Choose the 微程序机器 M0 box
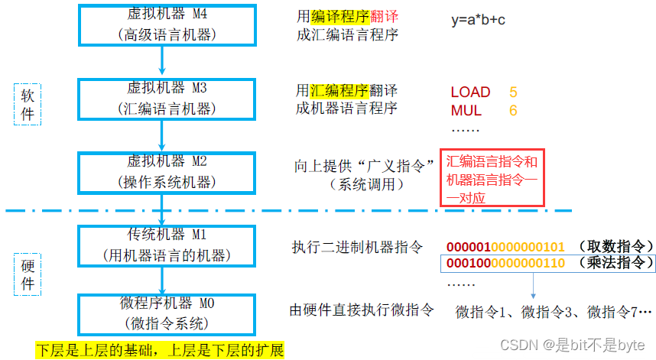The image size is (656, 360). [x=161, y=313]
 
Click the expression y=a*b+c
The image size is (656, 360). [x=478, y=20]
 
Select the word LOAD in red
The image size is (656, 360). [x=470, y=92]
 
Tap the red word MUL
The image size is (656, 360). [x=466, y=111]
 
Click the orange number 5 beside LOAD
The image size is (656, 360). [x=513, y=92]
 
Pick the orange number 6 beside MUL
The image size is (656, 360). [x=513, y=111]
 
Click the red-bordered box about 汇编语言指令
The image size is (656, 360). [x=492, y=178]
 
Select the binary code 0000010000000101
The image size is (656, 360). [x=505, y=246]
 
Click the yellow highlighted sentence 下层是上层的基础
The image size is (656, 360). [x=160, y=351]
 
